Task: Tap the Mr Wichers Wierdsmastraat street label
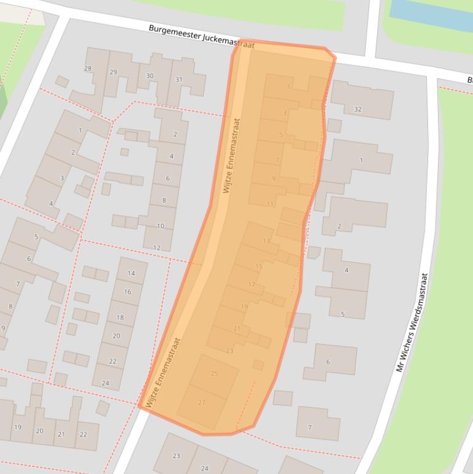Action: pos(411,322)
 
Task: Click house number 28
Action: pos(88,69)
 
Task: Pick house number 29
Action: pos(113,72)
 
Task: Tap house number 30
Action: pos(149,76)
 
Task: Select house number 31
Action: pos(179,79)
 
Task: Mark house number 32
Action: pos(358,110)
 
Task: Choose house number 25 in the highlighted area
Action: pos(215,373)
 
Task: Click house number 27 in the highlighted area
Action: pos(202,402)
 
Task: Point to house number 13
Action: pos(266,241)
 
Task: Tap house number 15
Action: pos(259,267)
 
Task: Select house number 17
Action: pos(252,284)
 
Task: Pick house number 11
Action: pos(270,204)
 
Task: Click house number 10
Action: pos(161,226)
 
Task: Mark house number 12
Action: pos(157,247)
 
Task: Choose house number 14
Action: pos(131,273)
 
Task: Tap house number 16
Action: pos(127,292)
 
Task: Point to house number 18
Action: pos(120,318)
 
